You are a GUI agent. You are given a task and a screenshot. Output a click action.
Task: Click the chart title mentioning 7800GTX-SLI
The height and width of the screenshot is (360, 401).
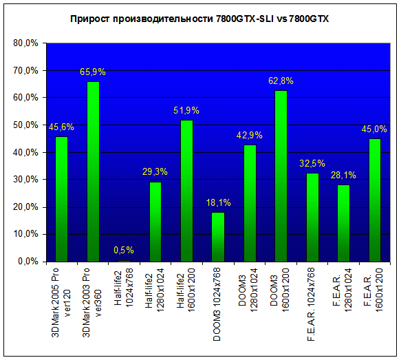click(199, 19)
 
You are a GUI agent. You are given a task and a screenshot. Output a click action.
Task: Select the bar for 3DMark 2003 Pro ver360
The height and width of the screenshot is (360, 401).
click(93, 171)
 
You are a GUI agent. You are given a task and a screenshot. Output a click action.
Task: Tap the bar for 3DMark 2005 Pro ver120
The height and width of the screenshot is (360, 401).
click(62, 200)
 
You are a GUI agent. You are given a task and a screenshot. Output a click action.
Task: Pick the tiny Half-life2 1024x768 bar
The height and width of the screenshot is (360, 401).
click(124, 261)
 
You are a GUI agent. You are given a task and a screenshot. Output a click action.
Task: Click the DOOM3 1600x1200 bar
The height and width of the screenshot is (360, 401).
click(281, 176)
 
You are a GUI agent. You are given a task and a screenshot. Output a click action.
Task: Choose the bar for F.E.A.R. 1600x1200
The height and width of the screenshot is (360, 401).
click(375, 200)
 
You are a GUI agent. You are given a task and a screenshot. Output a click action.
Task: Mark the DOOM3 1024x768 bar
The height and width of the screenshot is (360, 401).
click(219, 237)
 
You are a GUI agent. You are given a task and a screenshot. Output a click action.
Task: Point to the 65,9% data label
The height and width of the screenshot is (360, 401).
click(93, 72)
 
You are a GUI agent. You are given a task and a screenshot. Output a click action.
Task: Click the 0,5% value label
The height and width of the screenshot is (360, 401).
click(124, 250)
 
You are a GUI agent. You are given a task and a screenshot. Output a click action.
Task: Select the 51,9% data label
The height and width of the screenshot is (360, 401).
click(186, 111)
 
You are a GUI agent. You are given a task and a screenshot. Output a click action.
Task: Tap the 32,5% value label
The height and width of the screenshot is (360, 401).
click(312, 163)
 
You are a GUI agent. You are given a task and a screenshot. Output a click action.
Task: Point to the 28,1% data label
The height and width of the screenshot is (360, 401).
click(343, 176)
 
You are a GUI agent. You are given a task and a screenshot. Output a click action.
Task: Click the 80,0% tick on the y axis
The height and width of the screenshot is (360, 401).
click(25, 43)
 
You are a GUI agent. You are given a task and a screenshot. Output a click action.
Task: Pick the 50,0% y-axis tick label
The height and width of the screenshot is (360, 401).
click(25, 125)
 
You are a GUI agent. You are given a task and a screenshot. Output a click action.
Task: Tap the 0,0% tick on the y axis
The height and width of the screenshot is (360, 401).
click(28, 262)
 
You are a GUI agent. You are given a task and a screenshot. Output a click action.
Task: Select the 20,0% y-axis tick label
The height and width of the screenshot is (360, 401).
click(25, 207)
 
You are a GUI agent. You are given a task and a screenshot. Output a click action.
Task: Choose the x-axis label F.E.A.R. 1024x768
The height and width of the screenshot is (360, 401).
click(311, 304)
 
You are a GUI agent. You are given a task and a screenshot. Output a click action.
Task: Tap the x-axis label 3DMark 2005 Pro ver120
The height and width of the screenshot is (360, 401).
click(61, 302)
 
